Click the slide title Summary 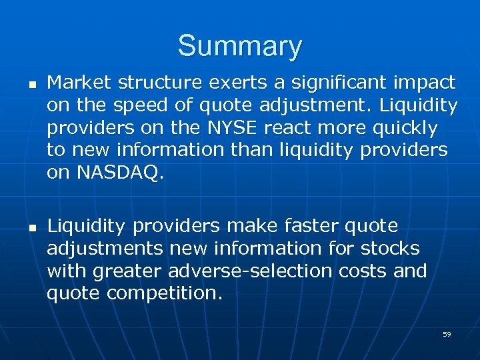(x=239, y=47)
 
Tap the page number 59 (x=447, y=334)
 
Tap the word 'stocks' (x=391, y=249)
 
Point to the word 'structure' (x=152, y=83)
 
